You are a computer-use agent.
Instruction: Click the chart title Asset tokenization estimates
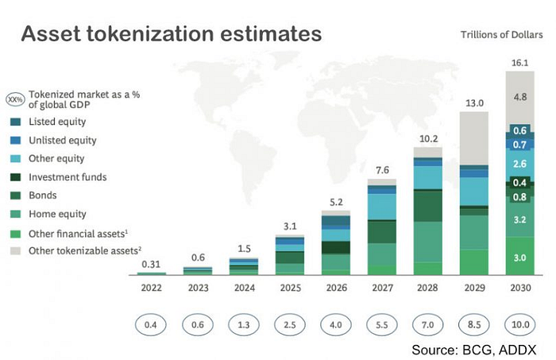171,34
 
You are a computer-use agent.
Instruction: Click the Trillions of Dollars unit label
502,34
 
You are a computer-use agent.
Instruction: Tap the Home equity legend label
57,213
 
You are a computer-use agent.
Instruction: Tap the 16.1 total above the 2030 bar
521,60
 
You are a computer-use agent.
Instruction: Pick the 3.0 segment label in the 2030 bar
521,257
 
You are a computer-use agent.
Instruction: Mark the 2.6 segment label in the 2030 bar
521,164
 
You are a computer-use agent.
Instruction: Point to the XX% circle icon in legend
15,99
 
